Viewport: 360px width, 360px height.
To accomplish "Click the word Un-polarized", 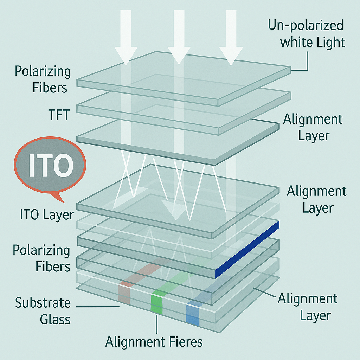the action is tap(306, 25).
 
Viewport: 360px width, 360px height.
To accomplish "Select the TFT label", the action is tap(59, 115).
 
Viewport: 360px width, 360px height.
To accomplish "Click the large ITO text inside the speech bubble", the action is tap(51, 165).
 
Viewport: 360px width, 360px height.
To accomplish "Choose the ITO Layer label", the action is tap(47, 215).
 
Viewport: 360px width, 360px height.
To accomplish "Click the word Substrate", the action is tap(43, 303).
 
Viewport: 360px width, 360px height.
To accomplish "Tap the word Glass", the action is tap(55, 319).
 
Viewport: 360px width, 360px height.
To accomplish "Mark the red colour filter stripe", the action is tap(124, 295).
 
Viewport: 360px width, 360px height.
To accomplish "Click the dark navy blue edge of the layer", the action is tap(247, 250).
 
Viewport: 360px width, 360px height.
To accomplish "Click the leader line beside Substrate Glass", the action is tap(98, 307).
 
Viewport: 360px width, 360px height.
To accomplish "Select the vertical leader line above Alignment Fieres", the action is tap(157, 324).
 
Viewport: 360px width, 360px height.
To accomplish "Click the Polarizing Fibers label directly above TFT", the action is tap(43, 79).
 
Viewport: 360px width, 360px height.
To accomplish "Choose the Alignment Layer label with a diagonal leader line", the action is tap(308, 307).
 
